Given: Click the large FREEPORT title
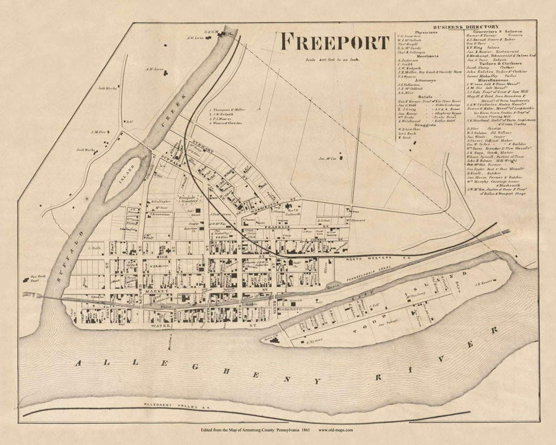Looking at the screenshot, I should [335, 42].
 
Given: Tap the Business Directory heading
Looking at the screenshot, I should [465, 26].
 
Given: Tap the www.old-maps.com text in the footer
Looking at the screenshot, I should [336, 430].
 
